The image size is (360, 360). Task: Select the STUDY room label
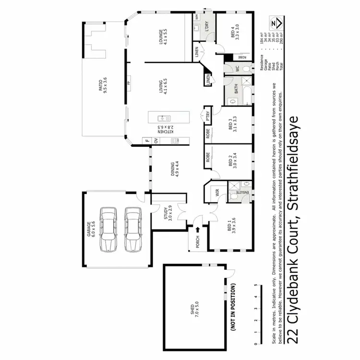point(166,212)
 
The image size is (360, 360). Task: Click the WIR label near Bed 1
point(217,193)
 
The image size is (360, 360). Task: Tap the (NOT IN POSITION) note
point(234,308)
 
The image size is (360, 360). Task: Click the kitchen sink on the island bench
point(163,118)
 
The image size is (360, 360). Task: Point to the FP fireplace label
point(128,84)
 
